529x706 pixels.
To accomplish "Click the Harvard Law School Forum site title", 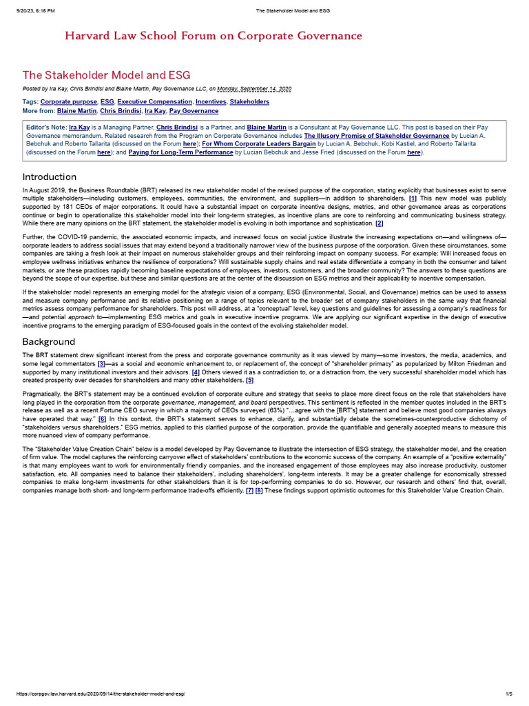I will pyautogui.click(x=213, y=36).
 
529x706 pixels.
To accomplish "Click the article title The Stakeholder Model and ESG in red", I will pyautogui.click(x=106, y=74).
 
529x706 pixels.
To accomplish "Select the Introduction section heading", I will pyautogui.click(x=50, y=176).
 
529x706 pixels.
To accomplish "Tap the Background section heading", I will pyautogui.click(x=48, y=341).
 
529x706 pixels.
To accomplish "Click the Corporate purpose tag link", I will pyautogui.click(x=68, y=101).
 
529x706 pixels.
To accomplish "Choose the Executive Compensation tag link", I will pyautogui.click(x=155, y=101).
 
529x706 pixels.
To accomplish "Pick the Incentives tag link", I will pyautogui.click(x=211, y=101).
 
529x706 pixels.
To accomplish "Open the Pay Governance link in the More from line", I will pyautogui.click(x=194, y=110).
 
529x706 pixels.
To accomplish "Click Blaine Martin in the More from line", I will pyautogui.click(x=76, y=110).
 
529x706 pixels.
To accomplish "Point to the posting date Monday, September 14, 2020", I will pyautogui.click(x=254, y=88).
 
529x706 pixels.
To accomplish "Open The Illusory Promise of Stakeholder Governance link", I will pyautogui.click(x=377, y=136).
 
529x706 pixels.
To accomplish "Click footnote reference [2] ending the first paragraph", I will pyautogui.click(x=380, y=223).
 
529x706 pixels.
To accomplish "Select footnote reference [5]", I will pyautogui.click(x=249, y=379).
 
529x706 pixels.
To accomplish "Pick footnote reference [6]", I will pyautogui.click(x=102, y=418).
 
